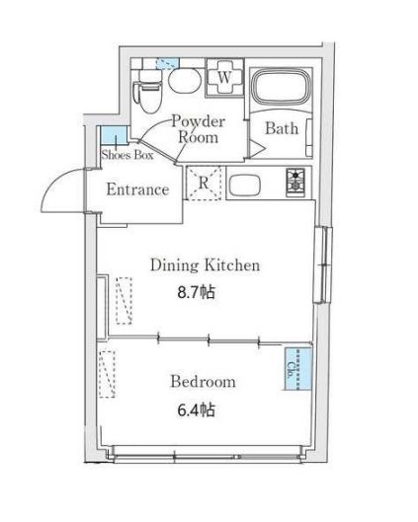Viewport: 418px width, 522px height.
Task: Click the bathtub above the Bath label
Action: [282, 91]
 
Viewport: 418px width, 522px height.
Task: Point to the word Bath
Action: [282, 128]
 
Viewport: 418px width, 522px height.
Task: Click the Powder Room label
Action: [198, 129]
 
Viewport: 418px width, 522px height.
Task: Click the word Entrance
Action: [138, 189]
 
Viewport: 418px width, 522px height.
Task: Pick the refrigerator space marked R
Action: [204, 184]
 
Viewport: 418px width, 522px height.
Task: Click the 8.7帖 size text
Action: [196, 293]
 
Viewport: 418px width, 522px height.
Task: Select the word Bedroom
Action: [202, 382]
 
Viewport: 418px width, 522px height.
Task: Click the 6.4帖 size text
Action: [194, 410]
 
